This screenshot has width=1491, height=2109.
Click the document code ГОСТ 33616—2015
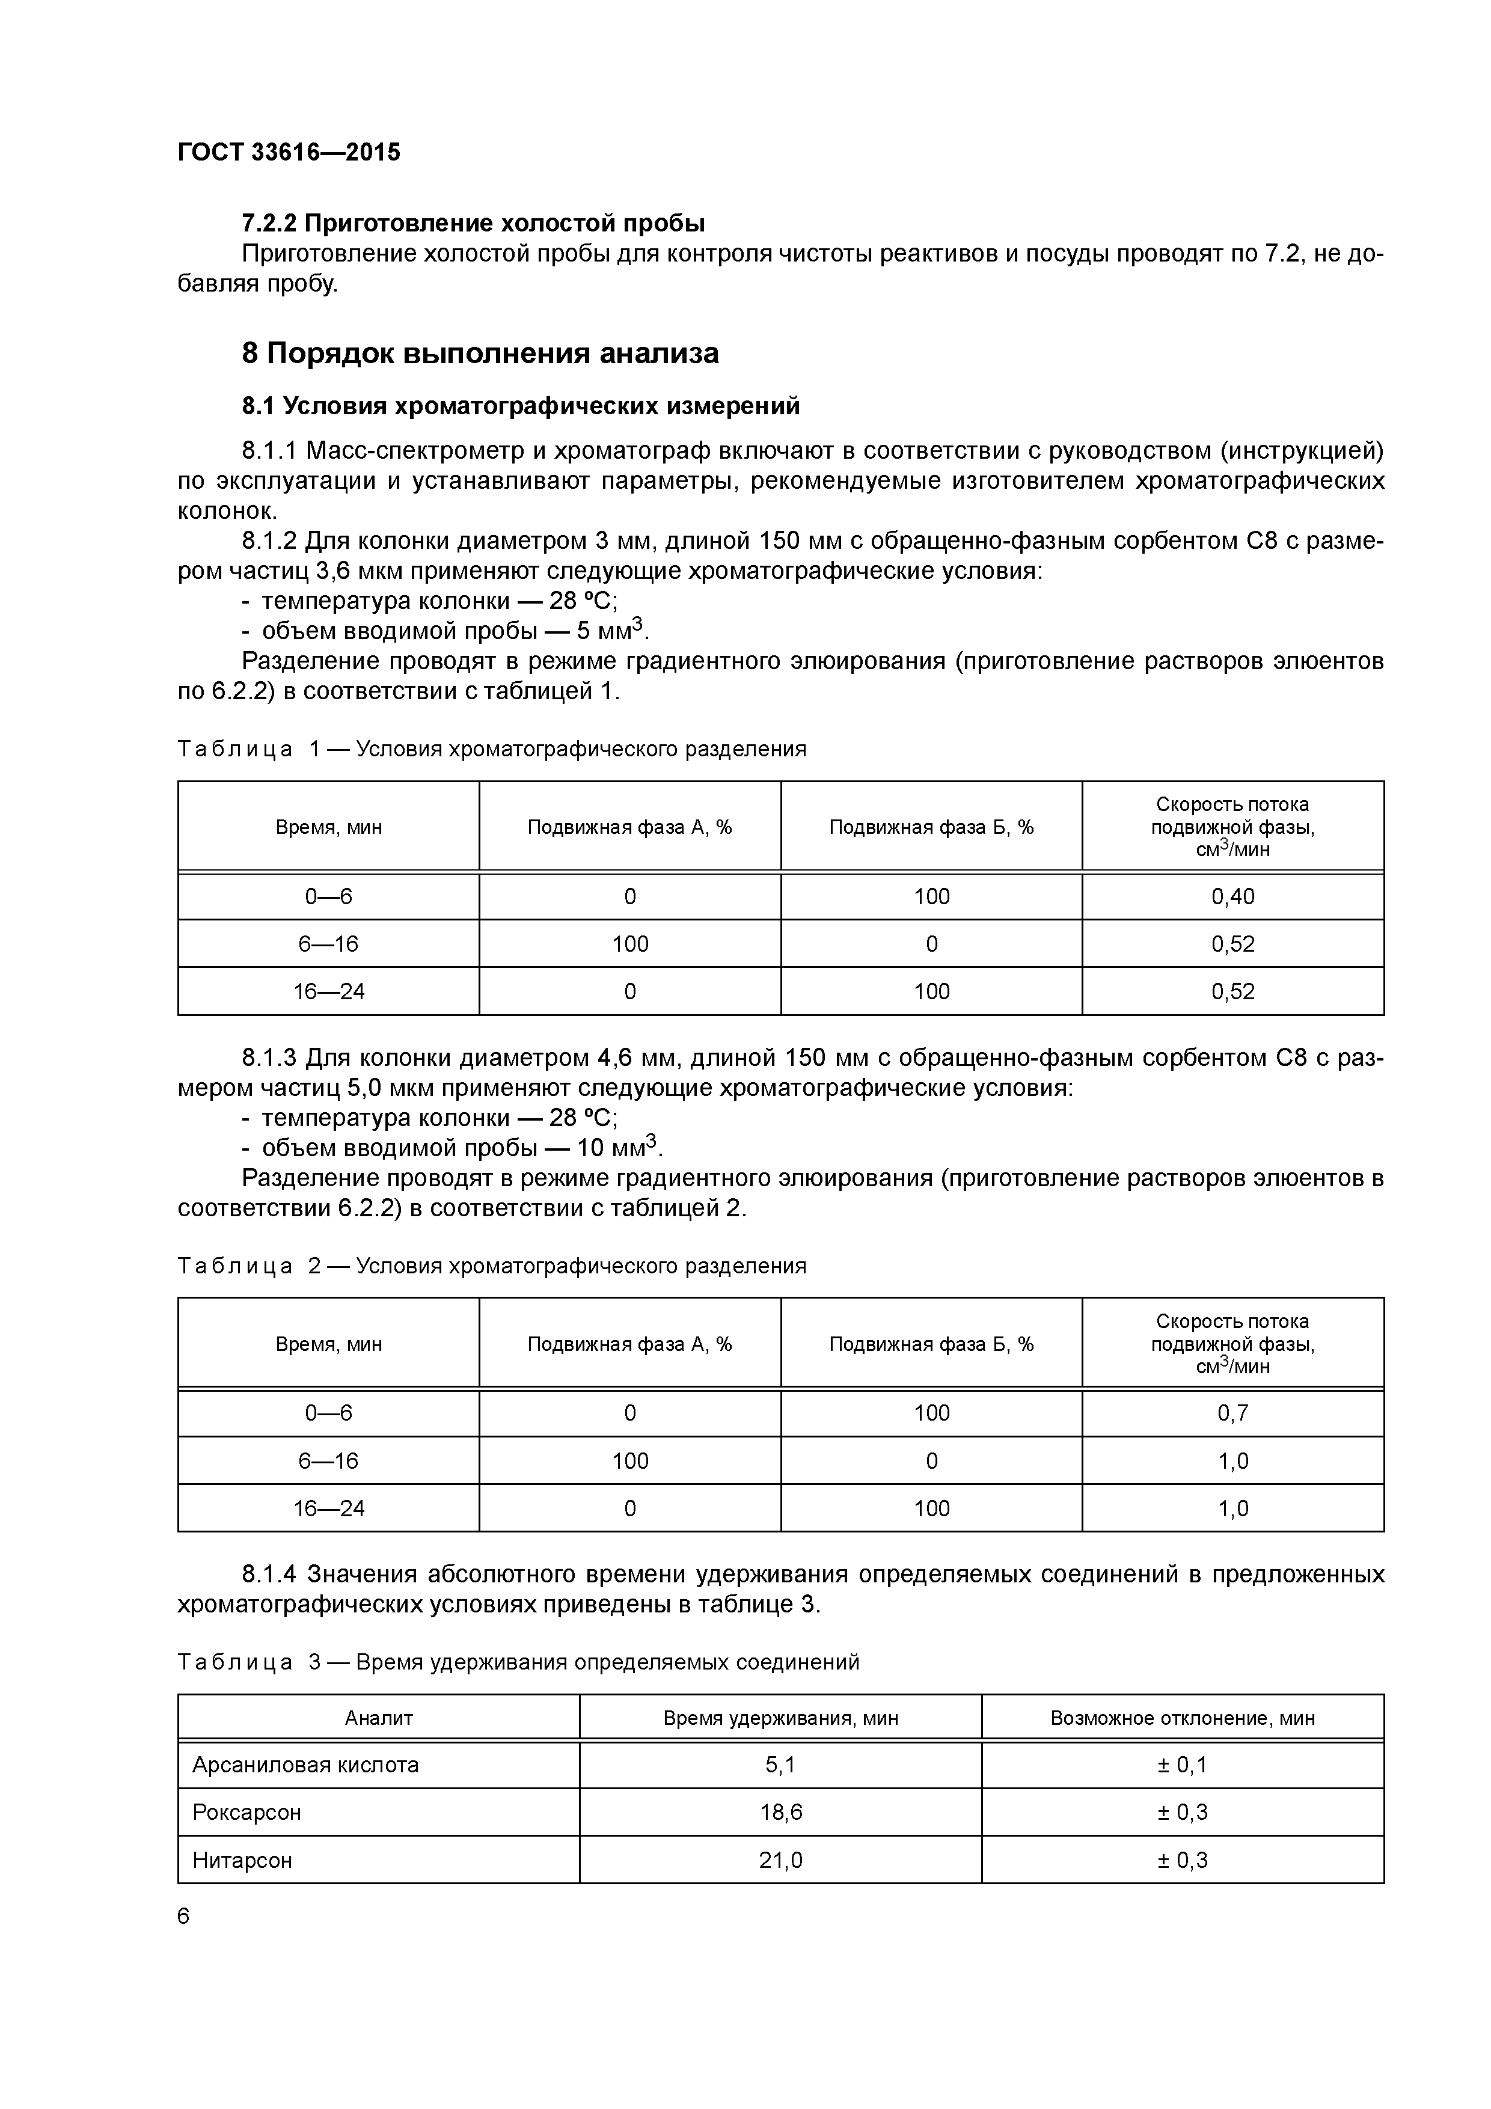click(289, 153)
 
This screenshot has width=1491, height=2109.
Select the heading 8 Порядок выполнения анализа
click(480, 353)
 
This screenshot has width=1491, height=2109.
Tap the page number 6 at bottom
click(184, 1916)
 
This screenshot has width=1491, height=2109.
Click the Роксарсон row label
click(246, 1812)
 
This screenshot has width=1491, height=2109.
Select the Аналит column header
click(379, 1718)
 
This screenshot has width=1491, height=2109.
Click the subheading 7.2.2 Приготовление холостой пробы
click(473, 223)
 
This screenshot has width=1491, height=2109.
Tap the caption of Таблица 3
click(518, 1662)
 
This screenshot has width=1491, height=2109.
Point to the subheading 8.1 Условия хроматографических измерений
click(520, 405)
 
